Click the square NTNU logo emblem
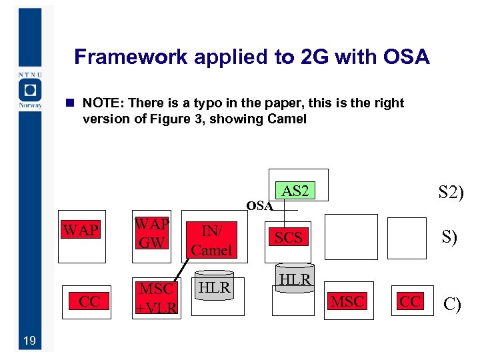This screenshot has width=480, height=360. tap(29, 89)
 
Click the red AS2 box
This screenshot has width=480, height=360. tap(295, 191)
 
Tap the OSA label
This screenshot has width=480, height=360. tap(259, 206)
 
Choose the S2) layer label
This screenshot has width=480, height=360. tap(451, 193)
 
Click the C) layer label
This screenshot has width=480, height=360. tap(452, 305)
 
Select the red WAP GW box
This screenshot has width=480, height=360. tap(152, 233)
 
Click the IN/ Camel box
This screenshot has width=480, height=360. tap(211, 240)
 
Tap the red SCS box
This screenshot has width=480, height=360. tap(289, 237)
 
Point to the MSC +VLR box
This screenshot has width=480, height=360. tap(156, 298)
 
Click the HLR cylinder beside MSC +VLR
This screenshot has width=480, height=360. tap(215, 287)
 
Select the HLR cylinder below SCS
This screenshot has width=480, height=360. tap(295, 280)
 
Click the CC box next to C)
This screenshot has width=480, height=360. tap(409, 301)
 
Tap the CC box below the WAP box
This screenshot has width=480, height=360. tap(89, 301)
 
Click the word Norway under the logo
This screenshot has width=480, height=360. tap(31, 105)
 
